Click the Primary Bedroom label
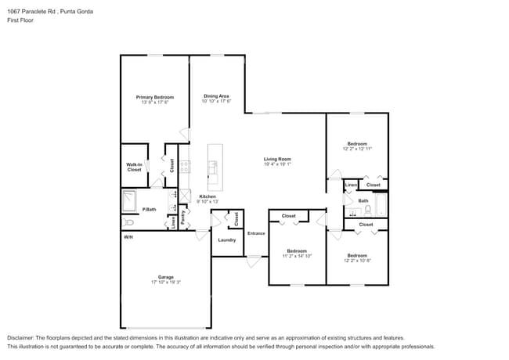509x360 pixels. [155, 97]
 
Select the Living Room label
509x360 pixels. [277, 160]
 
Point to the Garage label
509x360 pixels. [166, 277]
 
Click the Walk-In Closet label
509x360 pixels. [134, 167]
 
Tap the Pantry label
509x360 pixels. [182, 218]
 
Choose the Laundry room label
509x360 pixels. [227, 239]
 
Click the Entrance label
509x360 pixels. [256, 233]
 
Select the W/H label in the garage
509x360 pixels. [128, 236]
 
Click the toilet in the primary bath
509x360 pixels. [127, 222]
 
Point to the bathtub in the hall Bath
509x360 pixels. [381, 206]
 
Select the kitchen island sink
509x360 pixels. [213, 166]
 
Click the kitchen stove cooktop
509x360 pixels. [185, 165]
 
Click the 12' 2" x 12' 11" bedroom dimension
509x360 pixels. [357, 148]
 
